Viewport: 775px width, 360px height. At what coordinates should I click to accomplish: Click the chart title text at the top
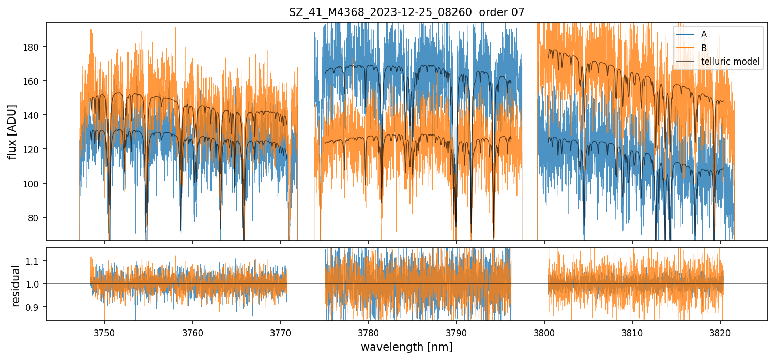point(406,12)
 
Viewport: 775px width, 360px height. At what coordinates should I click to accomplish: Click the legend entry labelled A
point(704,34)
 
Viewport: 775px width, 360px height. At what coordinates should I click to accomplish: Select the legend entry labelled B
point(704,48)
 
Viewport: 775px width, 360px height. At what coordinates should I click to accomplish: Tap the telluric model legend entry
point(730,62)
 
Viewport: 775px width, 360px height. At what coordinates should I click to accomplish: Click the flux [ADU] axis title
point(12,131)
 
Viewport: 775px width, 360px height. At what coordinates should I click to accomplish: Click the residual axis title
point(16,286)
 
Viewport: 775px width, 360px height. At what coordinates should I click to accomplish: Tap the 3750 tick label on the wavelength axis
point(104,332)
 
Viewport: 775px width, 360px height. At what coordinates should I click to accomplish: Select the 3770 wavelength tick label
point(280,332)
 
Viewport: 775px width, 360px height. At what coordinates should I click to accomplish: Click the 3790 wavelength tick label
point(456,332)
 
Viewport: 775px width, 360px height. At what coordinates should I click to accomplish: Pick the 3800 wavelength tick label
point(544,332)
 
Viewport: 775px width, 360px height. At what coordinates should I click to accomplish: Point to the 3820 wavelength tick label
point(720,332)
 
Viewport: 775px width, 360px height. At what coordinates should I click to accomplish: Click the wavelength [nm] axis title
point(406,347)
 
